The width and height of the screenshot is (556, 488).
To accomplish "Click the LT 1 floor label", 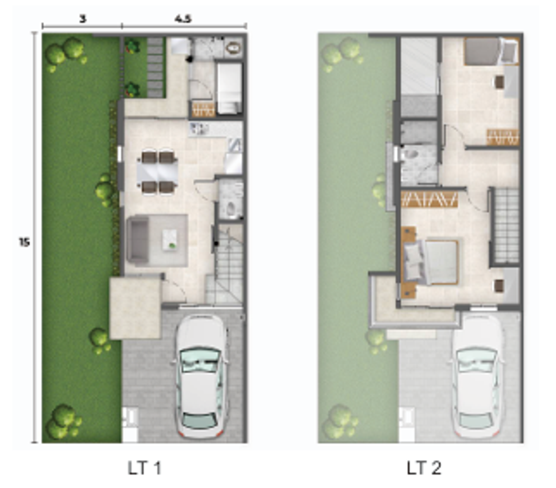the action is tap(144, 468).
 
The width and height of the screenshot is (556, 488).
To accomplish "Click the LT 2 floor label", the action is tap(424, 468).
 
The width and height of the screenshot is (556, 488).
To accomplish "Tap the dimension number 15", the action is tap(24, 242).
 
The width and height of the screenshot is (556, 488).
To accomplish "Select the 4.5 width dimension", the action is tap(183, 18).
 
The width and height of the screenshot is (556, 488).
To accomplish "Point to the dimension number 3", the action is tap(83, 18).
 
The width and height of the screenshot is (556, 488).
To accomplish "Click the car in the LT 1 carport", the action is tap(201, 376).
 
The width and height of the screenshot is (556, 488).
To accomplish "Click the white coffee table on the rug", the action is tap(170, 240).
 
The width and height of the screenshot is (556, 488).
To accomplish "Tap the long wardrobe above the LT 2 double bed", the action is tap(429, 200).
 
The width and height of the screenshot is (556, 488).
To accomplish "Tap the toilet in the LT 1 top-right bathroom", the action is tap(234, 48).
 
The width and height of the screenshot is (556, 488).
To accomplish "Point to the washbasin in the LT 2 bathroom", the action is tap(411, 155).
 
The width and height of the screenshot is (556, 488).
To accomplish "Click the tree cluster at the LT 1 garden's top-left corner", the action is tap(66, 53).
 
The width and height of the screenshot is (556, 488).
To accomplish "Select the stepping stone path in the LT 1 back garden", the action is tap(155, 67).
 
